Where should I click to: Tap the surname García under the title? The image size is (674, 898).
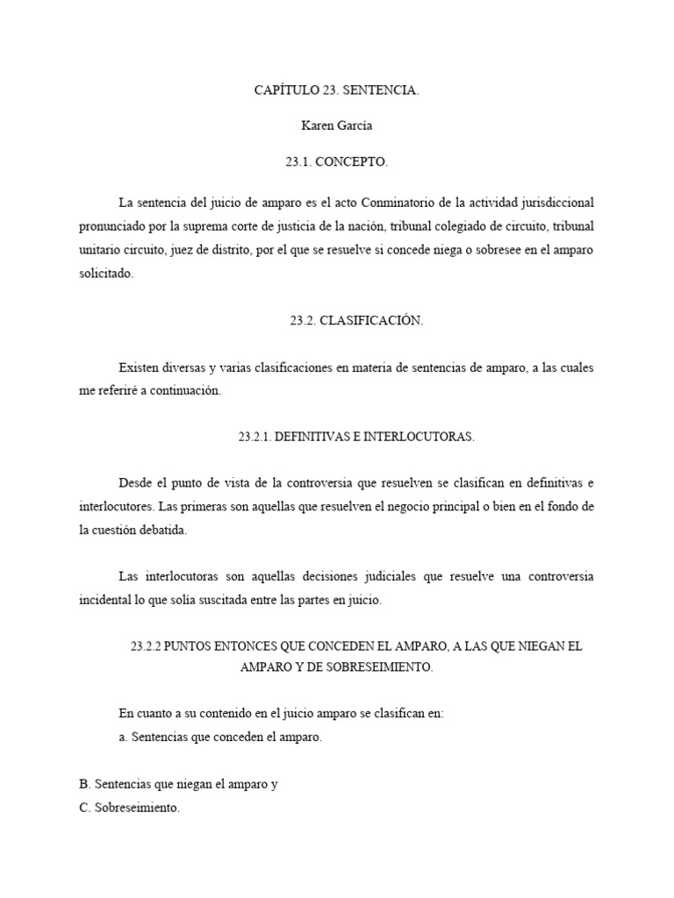(354, 126)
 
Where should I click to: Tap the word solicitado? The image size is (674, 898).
(105, 273)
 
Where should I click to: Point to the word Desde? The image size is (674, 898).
(134, 483)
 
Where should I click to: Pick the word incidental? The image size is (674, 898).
(107, 601)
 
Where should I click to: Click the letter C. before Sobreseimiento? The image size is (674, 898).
(84, 808)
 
